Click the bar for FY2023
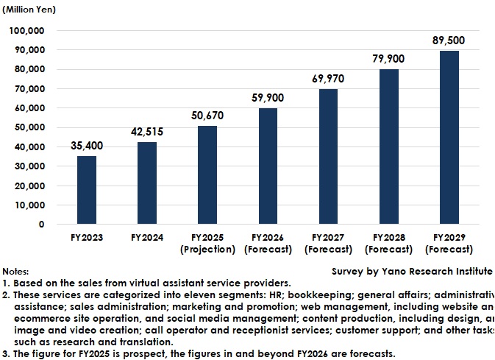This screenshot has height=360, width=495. tap(87, 190)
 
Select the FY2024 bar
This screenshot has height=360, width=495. tap(147, 183)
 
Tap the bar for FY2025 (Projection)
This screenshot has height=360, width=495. tap(207, 175)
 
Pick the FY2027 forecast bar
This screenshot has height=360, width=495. tap(329, 157)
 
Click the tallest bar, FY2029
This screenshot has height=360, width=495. tap(449, 138)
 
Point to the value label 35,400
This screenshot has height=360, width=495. tap(87, 146)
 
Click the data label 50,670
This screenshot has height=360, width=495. tap(207, 116)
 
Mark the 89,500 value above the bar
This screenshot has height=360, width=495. tap(449, 40)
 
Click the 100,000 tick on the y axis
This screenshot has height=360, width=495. tap(26, 31)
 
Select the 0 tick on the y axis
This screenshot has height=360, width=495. tap(41, 225)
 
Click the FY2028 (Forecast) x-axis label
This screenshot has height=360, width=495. tap(389, 244)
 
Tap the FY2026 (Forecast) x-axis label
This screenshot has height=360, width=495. tap(268, 244)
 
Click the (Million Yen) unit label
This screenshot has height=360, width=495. tap(29, 10)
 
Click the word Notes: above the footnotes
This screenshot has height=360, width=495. tap(15, 272)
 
